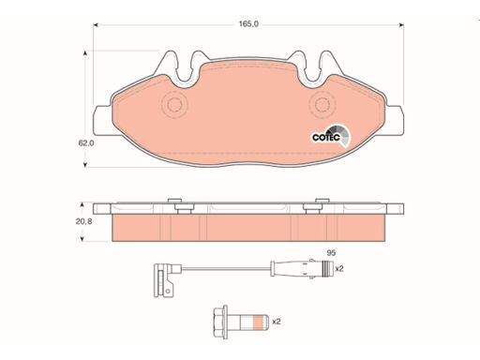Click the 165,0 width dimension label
[248, 24]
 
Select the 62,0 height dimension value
[86, 143]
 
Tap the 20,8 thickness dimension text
[83, 221]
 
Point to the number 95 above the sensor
[331, 252]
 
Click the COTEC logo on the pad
[331, 136]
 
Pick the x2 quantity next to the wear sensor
[339, 268]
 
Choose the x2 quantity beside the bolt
[277, 322]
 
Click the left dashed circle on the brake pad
[174, 105]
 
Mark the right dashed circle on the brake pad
[322, 105]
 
